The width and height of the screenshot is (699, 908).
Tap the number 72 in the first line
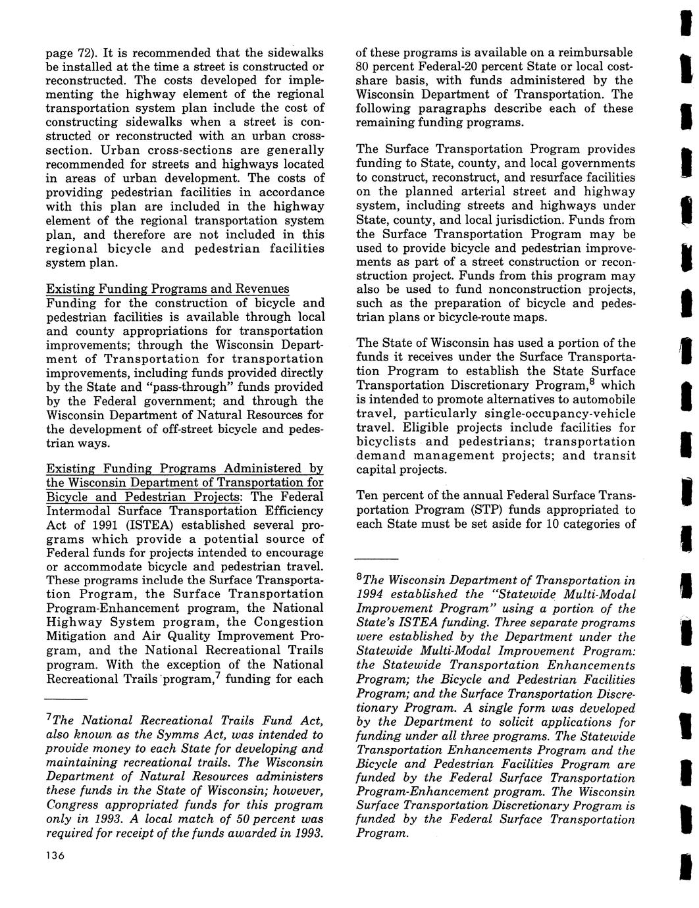click(x=84, y=53)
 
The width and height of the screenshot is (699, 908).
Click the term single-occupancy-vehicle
click(x=558, y=414)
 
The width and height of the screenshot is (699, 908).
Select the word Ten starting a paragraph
click(x=367, y=496)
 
